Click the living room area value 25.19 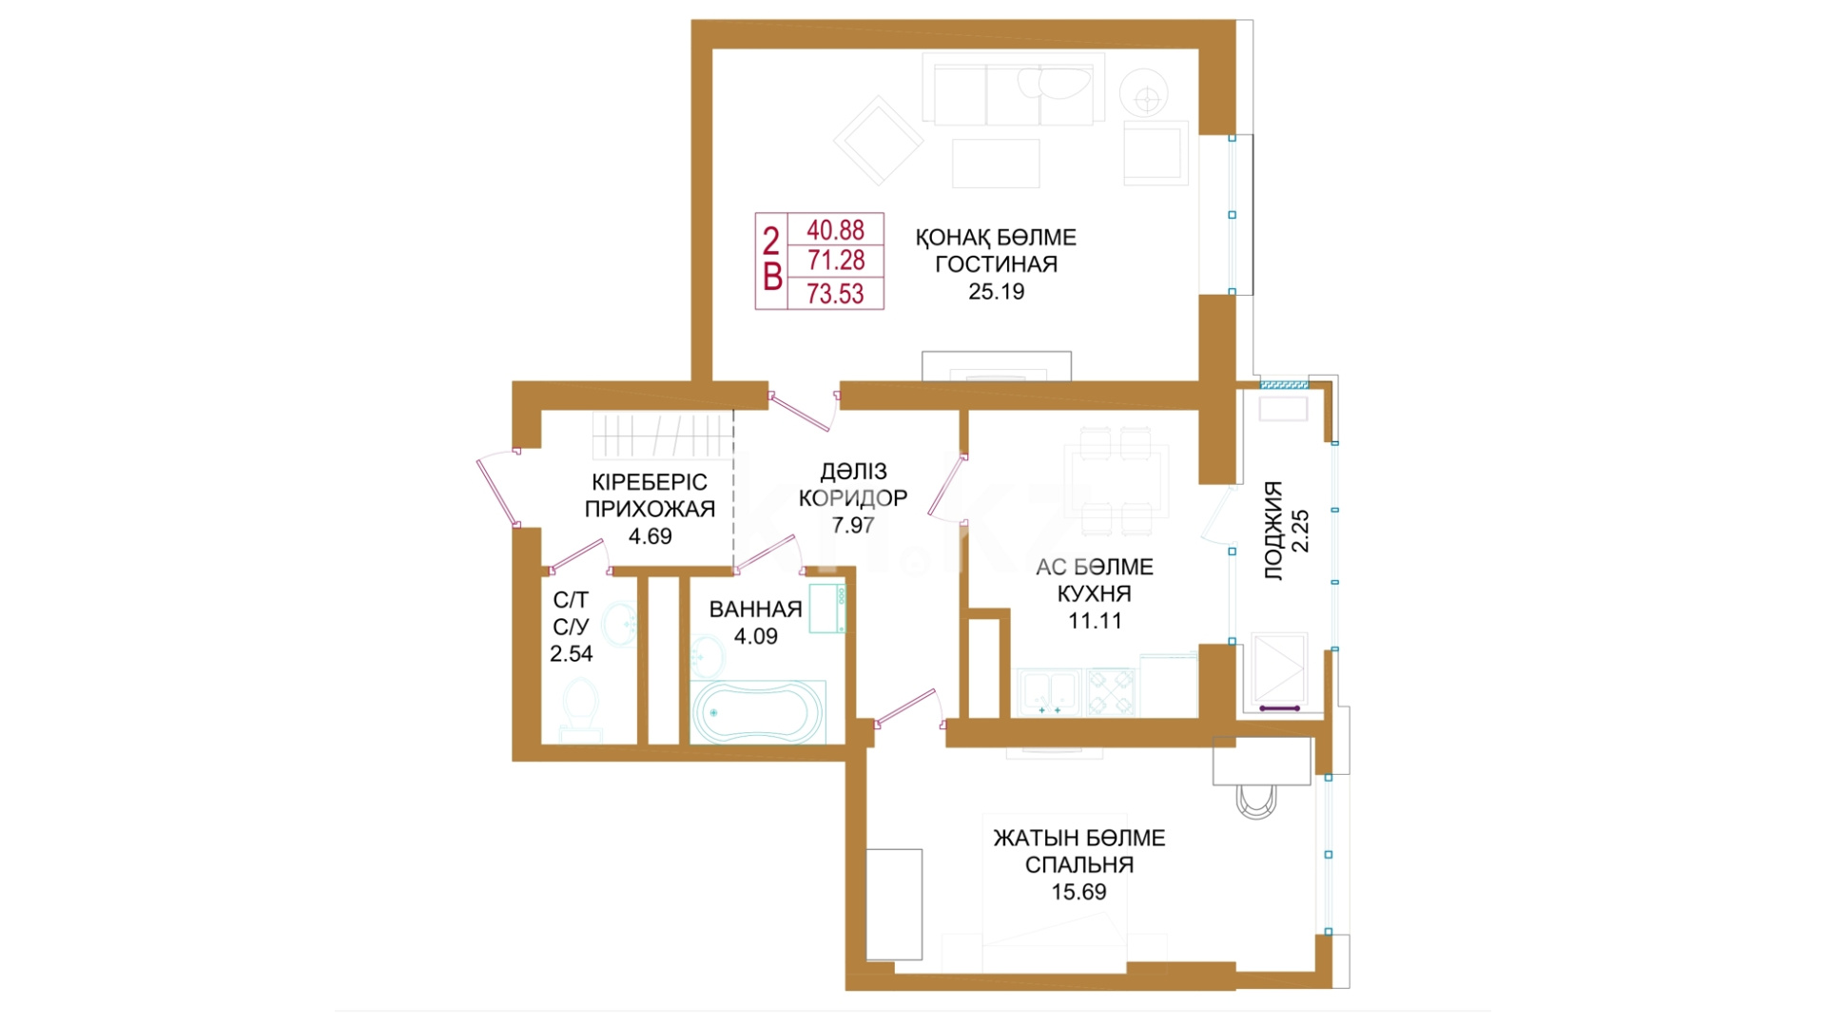996,292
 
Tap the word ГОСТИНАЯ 996,264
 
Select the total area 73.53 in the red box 835,294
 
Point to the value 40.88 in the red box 835,230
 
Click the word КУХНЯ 1095,594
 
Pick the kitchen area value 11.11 1095,621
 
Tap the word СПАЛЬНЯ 1079,865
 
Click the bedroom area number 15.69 1078,892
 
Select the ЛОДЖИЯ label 1273,531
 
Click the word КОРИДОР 853,498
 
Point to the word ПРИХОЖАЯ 650,509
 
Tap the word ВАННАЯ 756,610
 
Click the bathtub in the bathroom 757,712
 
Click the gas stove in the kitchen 1111,692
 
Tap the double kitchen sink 1050,692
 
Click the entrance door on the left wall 498,490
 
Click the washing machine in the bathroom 828,609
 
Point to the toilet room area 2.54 572,654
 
